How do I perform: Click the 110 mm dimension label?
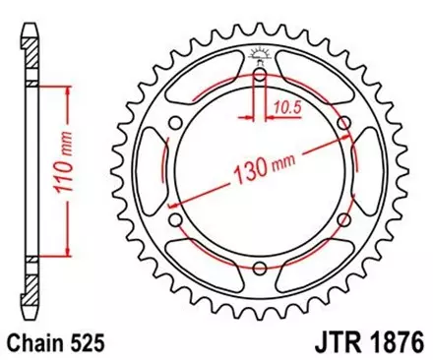click(x=70, y=174)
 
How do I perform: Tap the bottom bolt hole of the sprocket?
click(x=259, y=269)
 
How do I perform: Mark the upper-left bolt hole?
click(x=174, y=121)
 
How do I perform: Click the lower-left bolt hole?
click(x=174, y=219)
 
